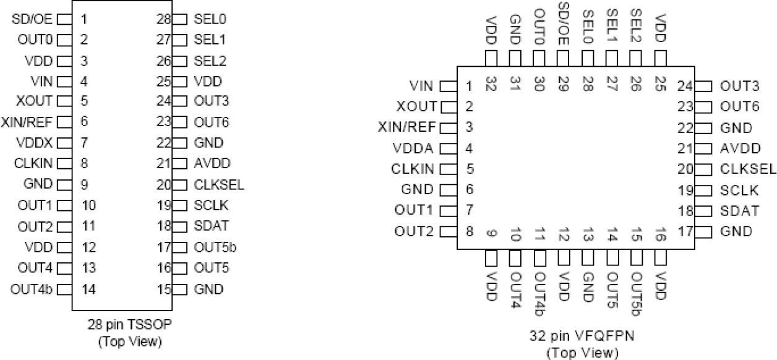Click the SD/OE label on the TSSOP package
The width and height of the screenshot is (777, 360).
coord(33,19)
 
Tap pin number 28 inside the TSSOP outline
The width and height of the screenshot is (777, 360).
coord(163,19)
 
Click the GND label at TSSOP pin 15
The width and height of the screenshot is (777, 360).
coord(208,289)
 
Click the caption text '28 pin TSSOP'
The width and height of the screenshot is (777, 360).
coord(129,324)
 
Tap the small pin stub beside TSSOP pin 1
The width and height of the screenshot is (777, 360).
coord(67,19)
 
